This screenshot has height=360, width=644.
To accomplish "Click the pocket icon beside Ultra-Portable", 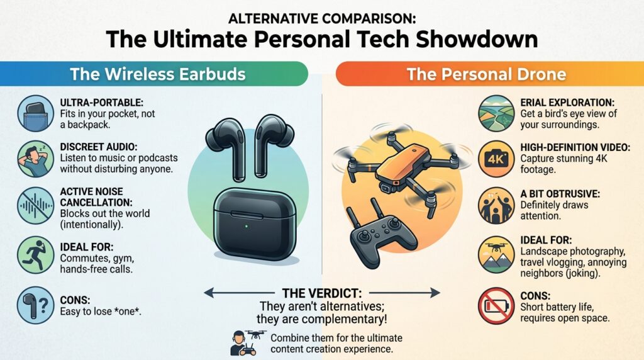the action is (x=36, y=113).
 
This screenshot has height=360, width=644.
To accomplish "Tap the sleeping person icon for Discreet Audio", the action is (x=36, y=159).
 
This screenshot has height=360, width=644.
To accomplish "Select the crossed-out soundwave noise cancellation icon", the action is (x=36, y=205).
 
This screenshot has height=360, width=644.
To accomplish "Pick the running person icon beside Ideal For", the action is (x=36, y=255).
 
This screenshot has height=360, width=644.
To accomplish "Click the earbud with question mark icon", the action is (x=36, y=305).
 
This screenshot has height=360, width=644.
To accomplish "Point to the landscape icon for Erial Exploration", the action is (x=496, y=113).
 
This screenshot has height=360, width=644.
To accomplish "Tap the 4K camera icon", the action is (x=496, y=159).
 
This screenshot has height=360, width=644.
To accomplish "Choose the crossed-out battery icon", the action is (x=496, y=306).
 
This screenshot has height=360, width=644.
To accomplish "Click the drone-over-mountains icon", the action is (x=496, y=255).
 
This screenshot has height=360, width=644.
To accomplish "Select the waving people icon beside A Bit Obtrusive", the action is (x=496, y=205).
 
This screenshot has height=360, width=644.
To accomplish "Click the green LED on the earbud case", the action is (x=246, y=226).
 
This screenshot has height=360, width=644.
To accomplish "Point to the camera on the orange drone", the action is (x=387, y=188).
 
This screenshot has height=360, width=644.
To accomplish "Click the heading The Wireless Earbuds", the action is (x=158, y=74).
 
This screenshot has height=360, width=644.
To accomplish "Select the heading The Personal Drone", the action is (x=486, y=74).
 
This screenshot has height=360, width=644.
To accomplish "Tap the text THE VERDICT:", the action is (x=322, y=293).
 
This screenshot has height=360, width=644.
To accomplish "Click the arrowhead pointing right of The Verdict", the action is (x=435, y=293).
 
